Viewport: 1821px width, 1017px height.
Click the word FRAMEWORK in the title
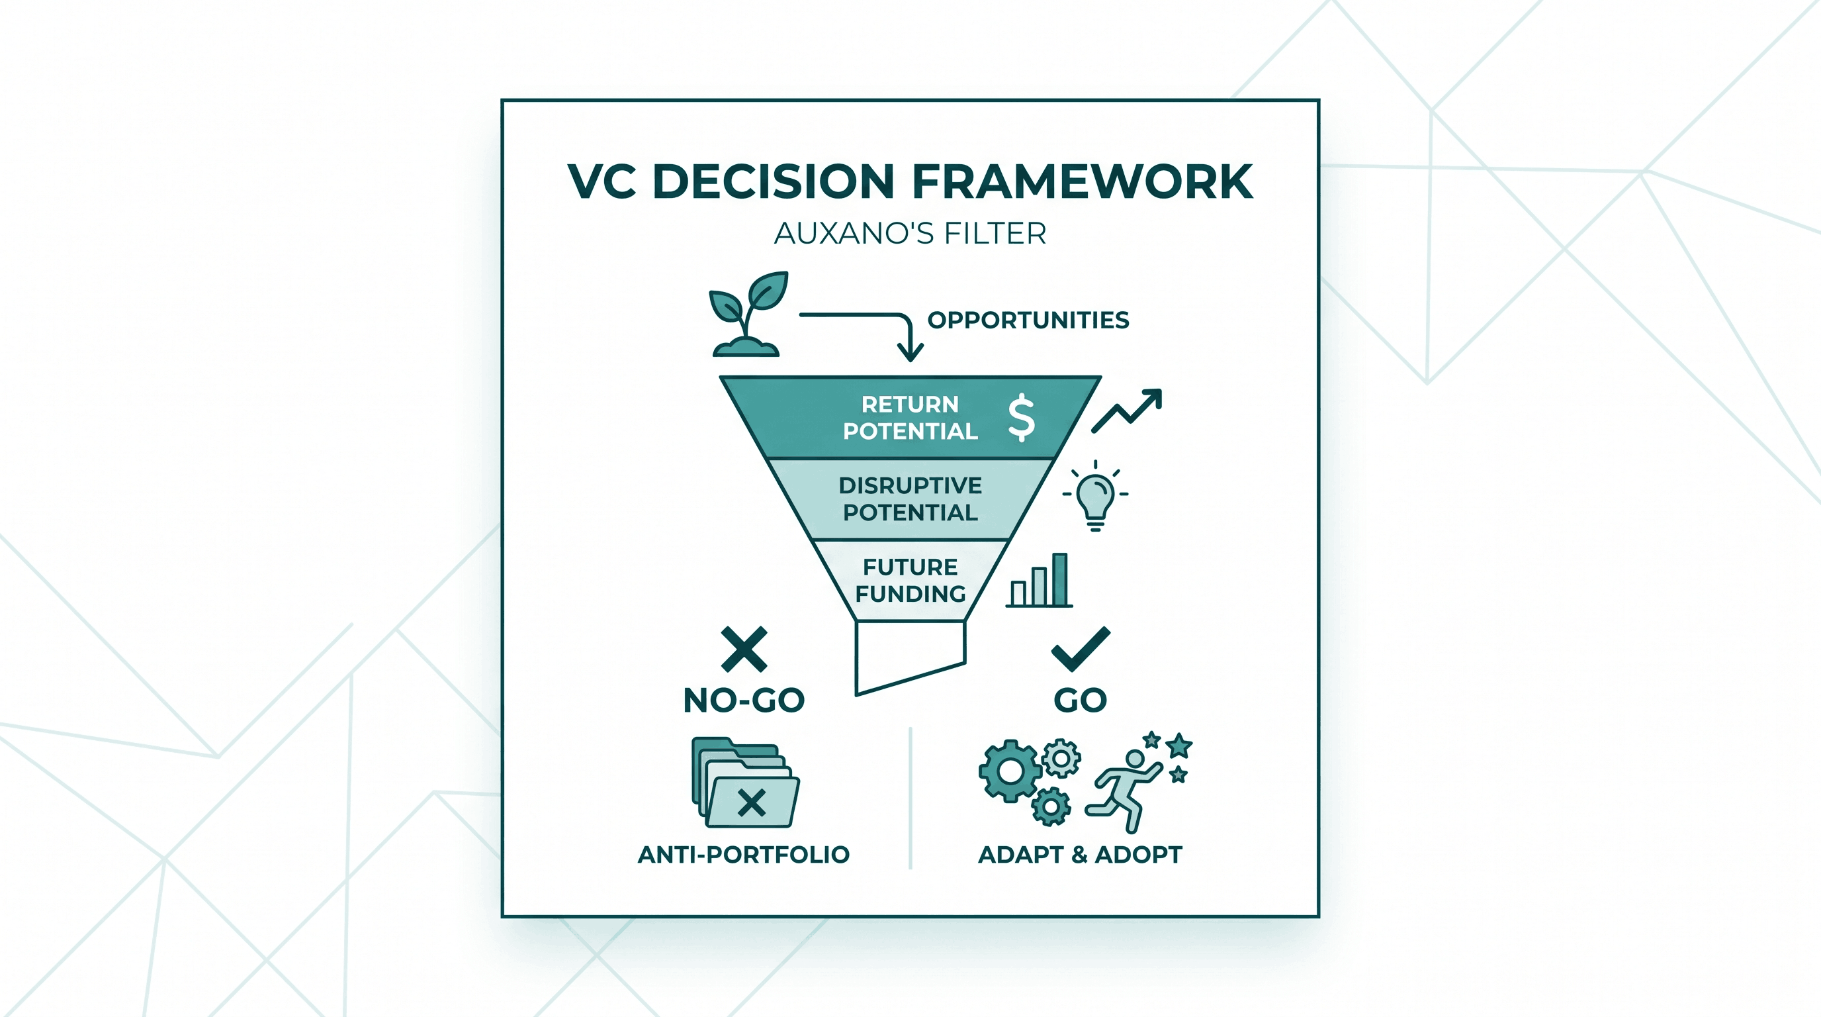[x=1083, y=182]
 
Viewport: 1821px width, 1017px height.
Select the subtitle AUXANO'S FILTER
[x=910, y=233]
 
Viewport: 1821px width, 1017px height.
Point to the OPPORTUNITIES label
[x=1028, y=320]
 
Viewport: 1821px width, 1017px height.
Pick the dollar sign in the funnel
[x=1022, y=417]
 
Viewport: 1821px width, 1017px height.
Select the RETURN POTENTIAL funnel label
[x=910, y=417]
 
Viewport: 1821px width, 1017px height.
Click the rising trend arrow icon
[x=1126, y=411]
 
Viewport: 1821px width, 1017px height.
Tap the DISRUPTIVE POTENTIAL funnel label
[x=910, y=499]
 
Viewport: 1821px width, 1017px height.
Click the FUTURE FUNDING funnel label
[x=910, y=580]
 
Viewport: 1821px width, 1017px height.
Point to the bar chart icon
[x=1039, y=581]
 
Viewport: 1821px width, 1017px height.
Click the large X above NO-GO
[x=744, y=650]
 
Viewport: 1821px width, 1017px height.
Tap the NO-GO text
[x=744, y=700]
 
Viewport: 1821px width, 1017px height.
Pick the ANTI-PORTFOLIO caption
[x=744, y=854]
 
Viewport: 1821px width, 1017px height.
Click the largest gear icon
[x=1010, y=771]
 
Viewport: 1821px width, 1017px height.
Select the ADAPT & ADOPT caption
[x=1080, y=854]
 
